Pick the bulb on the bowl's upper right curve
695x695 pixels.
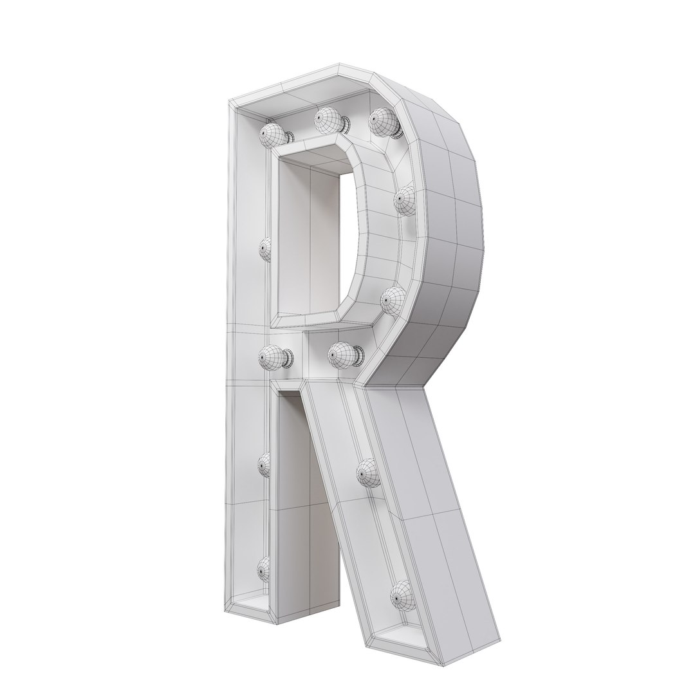(405, 200)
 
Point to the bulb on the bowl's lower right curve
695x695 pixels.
(393, 299)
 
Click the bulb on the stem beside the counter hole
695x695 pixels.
(264, 248)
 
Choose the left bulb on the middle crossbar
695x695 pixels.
(273, 355)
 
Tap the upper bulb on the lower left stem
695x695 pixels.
(264, 464)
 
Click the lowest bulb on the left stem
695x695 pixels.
(264, 568)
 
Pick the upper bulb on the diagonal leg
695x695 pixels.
(369, 474)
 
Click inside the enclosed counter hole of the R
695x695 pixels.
(315, 238)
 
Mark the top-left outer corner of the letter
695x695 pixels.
(232, 103)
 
